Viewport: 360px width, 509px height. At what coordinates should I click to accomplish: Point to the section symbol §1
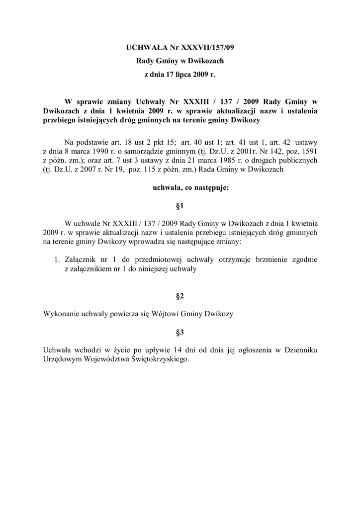click(x=180, y=205)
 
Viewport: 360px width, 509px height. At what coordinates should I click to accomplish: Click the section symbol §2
click(x=180, y=297)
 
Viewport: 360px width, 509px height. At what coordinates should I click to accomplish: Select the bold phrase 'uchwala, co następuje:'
click(x=180, y=188)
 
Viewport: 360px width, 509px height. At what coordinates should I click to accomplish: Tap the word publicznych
click(x=296, y=160)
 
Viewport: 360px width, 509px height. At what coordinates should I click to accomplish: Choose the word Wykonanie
click(x=62, y=314)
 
